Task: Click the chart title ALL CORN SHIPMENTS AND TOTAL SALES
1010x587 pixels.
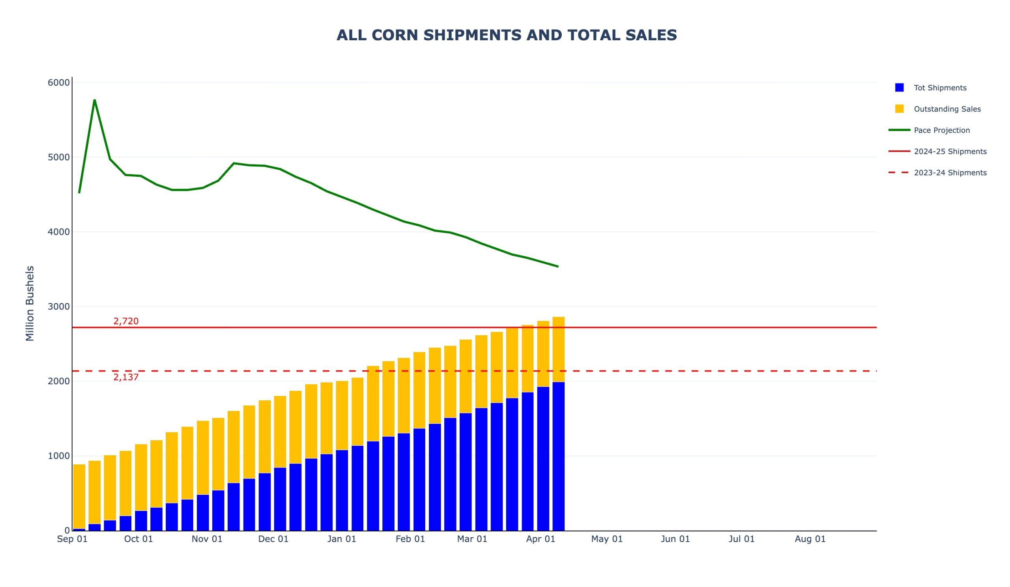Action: point(506,35)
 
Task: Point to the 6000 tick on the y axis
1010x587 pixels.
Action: point(58,82)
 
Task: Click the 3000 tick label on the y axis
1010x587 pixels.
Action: point(58,307)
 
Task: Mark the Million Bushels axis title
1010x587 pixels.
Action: point(30,303)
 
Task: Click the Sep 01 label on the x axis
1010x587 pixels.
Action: point(72,539)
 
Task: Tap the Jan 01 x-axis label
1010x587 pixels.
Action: point(342,539)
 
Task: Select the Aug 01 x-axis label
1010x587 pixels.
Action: point(810,539)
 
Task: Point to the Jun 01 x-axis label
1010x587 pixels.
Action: point(675,539)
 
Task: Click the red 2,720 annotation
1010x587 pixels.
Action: point(126,321)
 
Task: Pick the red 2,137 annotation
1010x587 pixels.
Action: point(126,377)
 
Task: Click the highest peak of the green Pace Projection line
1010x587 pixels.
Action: point(95,100)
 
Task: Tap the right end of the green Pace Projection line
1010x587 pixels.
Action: point(558,266)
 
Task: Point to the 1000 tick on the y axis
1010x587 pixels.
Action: point(58,456)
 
